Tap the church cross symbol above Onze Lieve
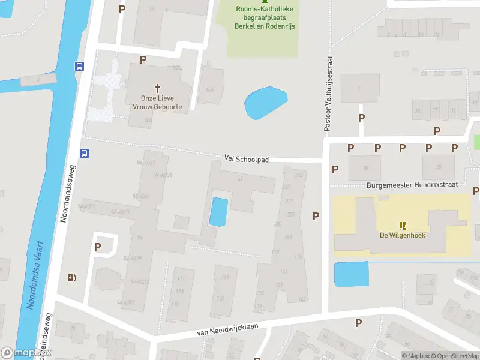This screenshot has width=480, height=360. (x=158, y=88)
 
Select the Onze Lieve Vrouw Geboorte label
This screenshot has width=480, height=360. (x=158, y=102)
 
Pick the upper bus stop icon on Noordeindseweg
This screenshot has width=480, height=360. (x=79, y=66)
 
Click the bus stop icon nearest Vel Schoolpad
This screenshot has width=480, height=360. (x=85, y=153)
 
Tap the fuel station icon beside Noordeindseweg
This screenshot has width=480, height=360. (x=72, y=277)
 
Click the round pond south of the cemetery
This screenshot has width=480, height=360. (x=266, y=103)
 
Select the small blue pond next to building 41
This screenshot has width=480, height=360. (x=218, y=212)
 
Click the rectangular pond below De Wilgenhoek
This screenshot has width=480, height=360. (x=350, y=274)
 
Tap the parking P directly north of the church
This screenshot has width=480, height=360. (x=143, y=59)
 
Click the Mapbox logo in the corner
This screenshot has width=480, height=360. (x=26, y=353)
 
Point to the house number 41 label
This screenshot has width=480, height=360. (x=240, y=179)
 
